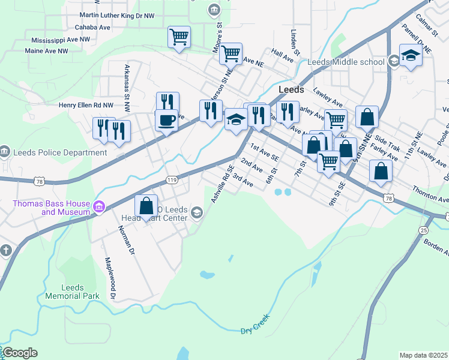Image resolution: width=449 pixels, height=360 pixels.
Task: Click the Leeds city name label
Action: [x=291, y=89]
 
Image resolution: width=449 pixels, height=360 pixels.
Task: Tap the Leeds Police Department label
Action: [x=59, y=152]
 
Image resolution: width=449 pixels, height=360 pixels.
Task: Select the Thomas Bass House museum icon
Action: [x=99, y=208]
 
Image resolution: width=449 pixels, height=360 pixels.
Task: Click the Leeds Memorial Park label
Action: [x=72, y=292]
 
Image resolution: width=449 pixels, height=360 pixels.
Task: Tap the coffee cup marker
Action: [x=166, y=119]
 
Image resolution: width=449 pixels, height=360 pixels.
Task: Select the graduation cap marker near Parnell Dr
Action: [x=411, y=56]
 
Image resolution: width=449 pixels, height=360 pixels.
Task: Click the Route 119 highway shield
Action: [x=172, y=179]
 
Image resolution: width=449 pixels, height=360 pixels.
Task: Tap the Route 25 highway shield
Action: [x=424, y=230]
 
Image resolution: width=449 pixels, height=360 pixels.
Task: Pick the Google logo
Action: [x=20, y=353]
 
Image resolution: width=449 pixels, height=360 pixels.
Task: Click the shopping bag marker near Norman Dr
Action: [x=146, y=206]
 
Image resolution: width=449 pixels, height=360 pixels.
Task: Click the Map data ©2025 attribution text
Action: [x=423, y=355]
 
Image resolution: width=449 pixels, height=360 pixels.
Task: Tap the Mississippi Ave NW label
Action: [x=61, y=40]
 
